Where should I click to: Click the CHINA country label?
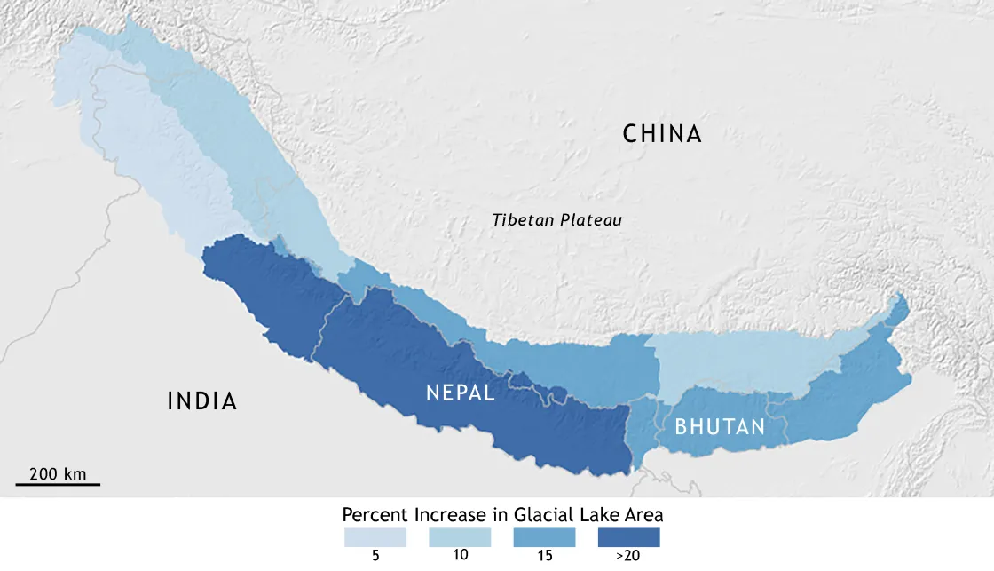pyautogui.click(x=662, y=134)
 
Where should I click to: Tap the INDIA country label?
pyautogui.click(x=202, y=401)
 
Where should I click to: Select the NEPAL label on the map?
pyautogui.click(x=460, y=393)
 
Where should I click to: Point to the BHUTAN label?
pyautogui.click(x=720, y=427)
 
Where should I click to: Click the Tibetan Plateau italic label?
pyautogui.click(x=557, y=219)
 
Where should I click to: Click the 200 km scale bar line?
pyautogui.click(x=58, y=485)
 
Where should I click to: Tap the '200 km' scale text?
pyautogui.click(x=58, y=473)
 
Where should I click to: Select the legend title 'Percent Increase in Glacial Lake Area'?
pyautogui.click(x=503, y=515)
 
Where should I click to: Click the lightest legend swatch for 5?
pyautogui.click(x=375, y=537)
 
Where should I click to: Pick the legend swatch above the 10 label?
pyautogui.click(x=460, y=537)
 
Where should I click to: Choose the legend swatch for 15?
pyautogui.click(x=544, y=537)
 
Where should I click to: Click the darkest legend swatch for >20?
pyautogui.click(x=628, y=537)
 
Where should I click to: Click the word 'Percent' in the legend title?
pyautogui.click(x=375, y=515)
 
